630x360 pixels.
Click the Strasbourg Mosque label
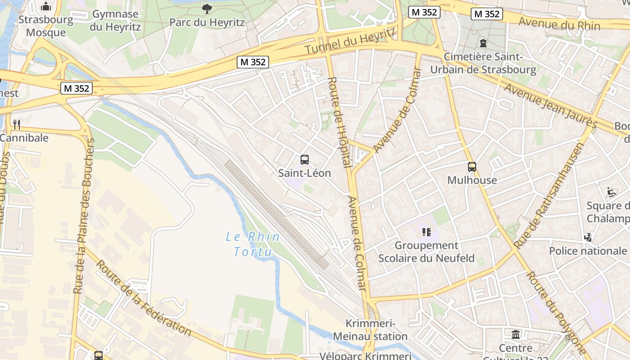point(45,26)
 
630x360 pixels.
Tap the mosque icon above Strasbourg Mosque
point(46,7)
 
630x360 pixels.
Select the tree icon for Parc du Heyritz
point(207,9)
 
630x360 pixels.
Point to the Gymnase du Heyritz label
point(115,20)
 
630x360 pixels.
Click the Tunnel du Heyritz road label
point(351,41)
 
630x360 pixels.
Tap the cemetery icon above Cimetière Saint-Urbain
point(483,43)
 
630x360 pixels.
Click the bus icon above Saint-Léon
point(305,159)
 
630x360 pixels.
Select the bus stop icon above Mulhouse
point(472,167)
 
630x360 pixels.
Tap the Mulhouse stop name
point(472,180)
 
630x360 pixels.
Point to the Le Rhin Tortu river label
point(253,243)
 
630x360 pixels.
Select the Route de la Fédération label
point(144,298)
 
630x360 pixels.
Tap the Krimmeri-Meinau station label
point(370,330)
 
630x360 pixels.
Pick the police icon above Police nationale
point(588,237)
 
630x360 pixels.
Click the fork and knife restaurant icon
point(17,124)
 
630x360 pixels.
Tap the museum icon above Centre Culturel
point(516,335)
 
